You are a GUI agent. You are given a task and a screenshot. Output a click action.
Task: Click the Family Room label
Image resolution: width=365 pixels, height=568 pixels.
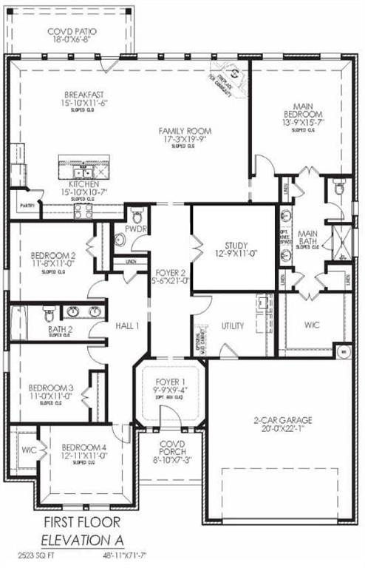pyautogui.click(x=179, y=131)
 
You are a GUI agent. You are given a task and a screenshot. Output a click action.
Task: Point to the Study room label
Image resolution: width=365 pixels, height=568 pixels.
pyautogui.click(x=236, y=246)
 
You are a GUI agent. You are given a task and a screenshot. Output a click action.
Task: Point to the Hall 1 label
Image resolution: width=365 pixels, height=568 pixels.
pyautogui.click(x=127, y=325)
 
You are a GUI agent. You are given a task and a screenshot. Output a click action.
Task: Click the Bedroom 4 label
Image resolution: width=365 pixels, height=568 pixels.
pyautogui.click(x=83, y=448)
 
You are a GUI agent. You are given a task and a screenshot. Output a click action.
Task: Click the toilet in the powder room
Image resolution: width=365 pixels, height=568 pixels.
pyautogui.click(x=136, y=217)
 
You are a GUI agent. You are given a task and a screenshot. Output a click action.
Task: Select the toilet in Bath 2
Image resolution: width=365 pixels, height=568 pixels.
pyautogui.click(x=49, y=311)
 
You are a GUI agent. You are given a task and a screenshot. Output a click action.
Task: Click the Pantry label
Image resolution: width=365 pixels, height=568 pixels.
pyautogui.click(x=27, y=206)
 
